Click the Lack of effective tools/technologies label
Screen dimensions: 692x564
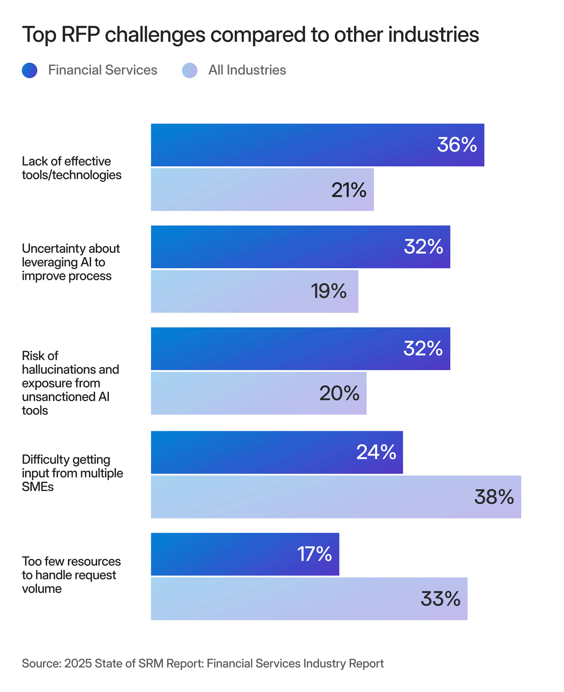pyautogui.click(x=72, y=168)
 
